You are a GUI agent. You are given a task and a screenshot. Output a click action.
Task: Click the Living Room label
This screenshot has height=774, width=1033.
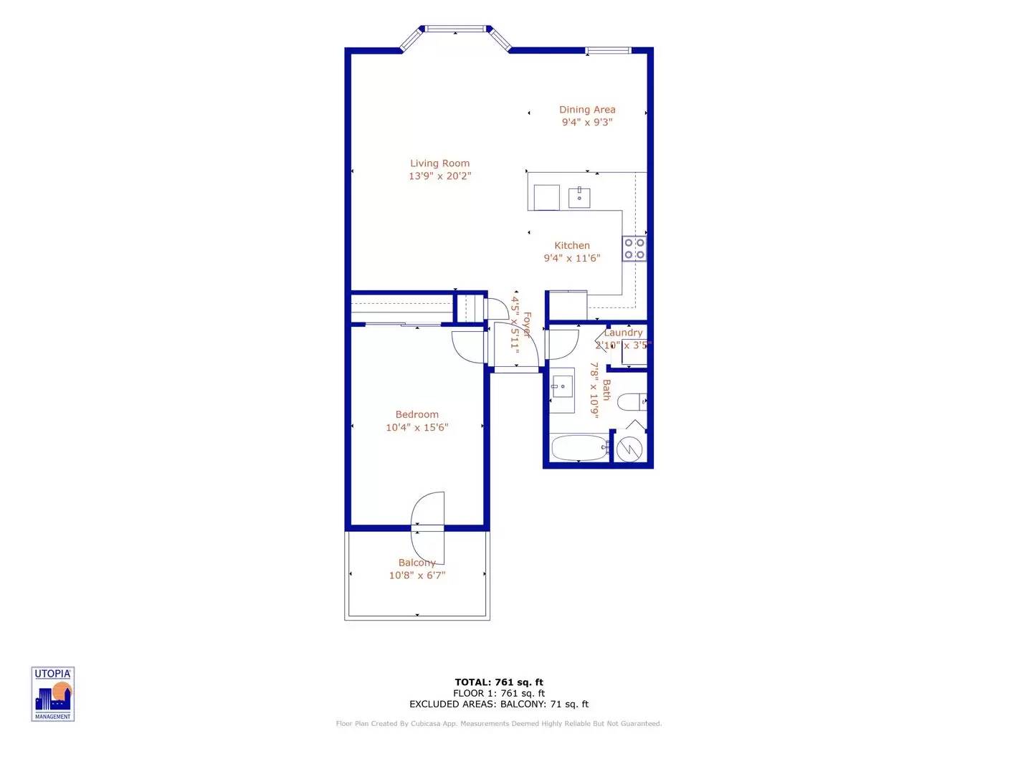(439, 163)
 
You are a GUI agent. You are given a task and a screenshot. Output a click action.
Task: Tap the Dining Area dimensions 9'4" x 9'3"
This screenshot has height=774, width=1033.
(587, 123)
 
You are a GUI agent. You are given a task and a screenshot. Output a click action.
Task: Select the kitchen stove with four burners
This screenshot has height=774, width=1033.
(634, 249)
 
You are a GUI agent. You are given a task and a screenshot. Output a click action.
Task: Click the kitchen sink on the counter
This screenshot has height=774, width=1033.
(579, 197)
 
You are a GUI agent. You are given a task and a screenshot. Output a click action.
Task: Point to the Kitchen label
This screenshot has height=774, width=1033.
(572, 245)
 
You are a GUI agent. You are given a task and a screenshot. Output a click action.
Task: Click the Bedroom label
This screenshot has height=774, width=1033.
(416, 414)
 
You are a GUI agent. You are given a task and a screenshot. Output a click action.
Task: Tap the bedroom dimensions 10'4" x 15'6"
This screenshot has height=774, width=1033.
(416, 427)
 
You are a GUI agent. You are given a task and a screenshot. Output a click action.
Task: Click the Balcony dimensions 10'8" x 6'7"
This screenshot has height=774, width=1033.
(416, 575)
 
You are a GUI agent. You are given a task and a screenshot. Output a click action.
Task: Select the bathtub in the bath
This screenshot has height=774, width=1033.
(579, 449)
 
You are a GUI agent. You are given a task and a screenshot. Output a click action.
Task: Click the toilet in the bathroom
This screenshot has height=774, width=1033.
(632, 402)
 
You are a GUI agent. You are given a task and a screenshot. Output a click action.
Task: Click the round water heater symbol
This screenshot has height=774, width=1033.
(629, 449)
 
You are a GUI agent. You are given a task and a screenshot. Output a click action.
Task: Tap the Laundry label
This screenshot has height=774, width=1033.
(623, 333)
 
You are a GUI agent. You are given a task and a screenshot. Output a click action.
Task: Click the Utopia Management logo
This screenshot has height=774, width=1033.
(53, 694)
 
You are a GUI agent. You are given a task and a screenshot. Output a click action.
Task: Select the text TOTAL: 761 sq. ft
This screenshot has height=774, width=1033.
(499, 682)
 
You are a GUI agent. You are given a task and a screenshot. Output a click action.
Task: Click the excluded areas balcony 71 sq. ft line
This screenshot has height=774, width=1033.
(499, 704)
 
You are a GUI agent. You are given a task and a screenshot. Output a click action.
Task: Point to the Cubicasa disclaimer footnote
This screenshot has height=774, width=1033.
(499, 724)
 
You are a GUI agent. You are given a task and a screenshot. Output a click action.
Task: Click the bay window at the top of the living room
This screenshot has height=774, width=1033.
(455, 30)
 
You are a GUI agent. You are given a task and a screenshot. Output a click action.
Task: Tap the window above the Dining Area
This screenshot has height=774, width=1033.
(608, 50)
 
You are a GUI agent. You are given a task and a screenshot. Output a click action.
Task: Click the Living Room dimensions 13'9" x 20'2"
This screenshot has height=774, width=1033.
(439, 176)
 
